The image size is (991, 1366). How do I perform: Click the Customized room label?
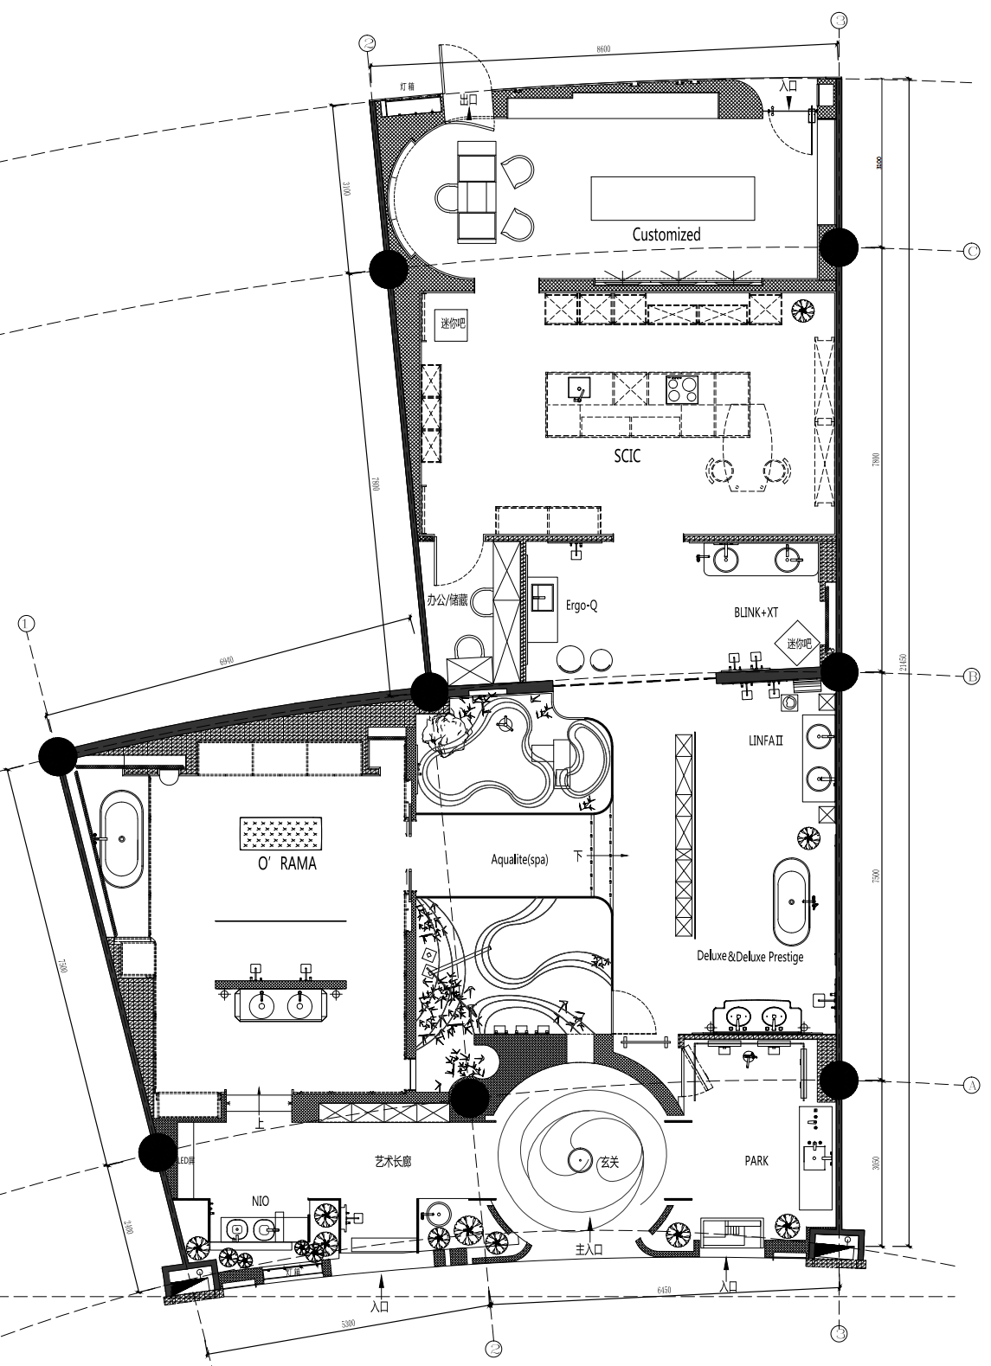pyautogui.click(x=666, y=234)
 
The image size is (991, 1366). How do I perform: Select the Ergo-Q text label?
pyautogui.click(x=582, y=606)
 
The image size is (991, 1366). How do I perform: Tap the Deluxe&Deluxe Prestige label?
pyautogui.click(x=750, y=957)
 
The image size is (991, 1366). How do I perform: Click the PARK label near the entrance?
pyautogui.click(x=756, y=1161)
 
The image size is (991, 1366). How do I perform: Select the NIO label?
pyautogui.click(x=261, y=1201)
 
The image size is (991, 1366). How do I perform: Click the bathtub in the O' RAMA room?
pyautogui.click(x=122, y=839)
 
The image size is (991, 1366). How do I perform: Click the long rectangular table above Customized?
pyautogui.click(x=672, y=198)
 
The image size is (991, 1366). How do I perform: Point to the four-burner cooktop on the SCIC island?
pyautogui.click(x=680, y=389)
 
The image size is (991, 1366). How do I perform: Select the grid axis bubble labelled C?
pyautogui.click(x=970, y=251)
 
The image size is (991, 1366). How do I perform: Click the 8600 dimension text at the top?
pyautogui.click(x=603, y=49)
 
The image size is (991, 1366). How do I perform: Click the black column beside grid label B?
pyautogui.click(x=839, y=670)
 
